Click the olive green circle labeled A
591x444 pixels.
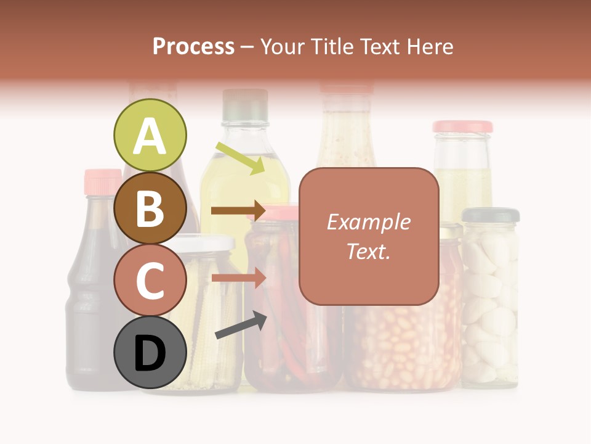pyautogui.click(x=150, y=135)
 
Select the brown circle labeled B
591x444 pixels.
pyautogui.click(x=150, y=208)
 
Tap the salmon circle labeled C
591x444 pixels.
pyautogui.click(x=150, y=280)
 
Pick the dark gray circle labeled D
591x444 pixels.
pyautogui.click(x=150, y=353)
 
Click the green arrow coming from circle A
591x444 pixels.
pyautogui.click(x=240, y=157)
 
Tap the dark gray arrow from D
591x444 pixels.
pyautogui.click(x=241, y=325)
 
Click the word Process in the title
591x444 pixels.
pyautogui.click(x=193, y=46)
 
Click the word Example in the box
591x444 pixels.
pyautogui.click(x=368, y=222)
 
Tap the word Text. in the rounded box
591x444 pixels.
pyautogui.click(x=368, y=251)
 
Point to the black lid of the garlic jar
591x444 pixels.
pyautogui.click(x=491, y=215)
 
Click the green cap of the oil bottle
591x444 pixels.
pyautogui.click(x=245, y=104)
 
